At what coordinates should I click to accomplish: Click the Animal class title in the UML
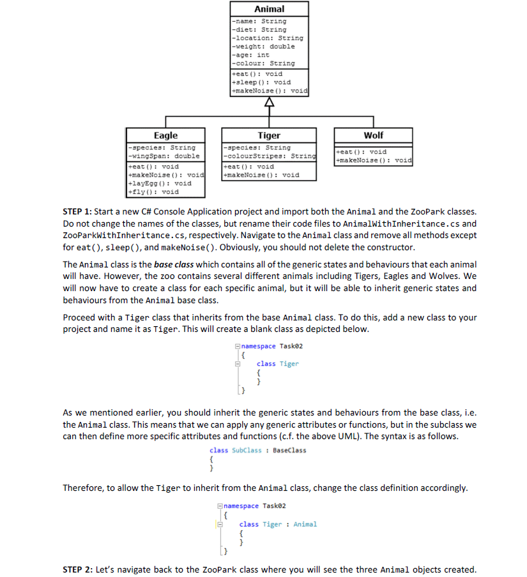(x=269, y=9)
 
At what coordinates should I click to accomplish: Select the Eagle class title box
(x=166, y=135)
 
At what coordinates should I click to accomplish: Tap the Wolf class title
(x=373, y=135)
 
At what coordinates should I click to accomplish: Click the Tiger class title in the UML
(x=269, y=135)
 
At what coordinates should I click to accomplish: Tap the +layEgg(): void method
(x=160, y=183)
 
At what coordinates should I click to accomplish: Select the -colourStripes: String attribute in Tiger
(x=269, y=156)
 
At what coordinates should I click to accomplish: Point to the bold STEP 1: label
(x=82, y=211)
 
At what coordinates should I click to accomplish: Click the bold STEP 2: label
(x=82, y=569)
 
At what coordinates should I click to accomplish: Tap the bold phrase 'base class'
(x=174, y=264)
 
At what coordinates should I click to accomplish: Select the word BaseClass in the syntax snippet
(x=289, y=450)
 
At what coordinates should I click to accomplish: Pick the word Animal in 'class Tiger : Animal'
(x=305, y=524)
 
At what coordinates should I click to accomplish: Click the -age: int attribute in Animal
(x=250, y=55)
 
